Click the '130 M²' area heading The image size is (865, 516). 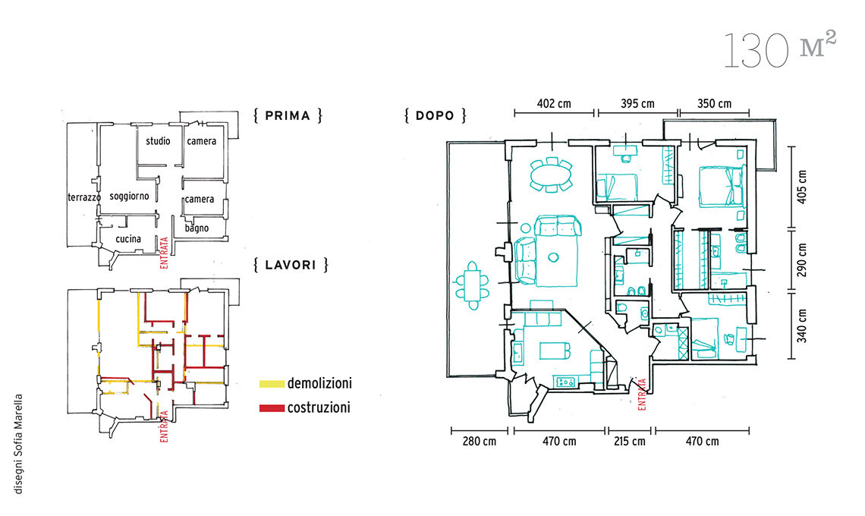click(779, 49)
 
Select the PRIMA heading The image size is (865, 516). click(288, 116)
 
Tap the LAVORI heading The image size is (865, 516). click(291, 265)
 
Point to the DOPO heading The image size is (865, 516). click(435, 116)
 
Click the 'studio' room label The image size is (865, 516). click(158, 141)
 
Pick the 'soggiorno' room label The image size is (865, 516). click(129, 197)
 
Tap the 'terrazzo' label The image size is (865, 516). click(84, 197)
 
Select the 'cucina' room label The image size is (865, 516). click(128, 239)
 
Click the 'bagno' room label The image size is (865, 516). click(197, 228)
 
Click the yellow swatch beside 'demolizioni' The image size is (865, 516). click(272, 384)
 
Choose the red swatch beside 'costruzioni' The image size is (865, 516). click(272, 408)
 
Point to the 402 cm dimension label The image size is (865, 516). click(554, 103)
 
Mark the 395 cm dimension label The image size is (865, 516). click(637, 103)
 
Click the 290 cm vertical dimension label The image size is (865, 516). click(801, 260)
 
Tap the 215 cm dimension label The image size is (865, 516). click(630, 442)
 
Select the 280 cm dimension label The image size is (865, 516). click(479, 442)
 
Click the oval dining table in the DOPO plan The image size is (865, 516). click(551, 175)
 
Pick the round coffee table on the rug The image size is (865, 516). click(552, 257)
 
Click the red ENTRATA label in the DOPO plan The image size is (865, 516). click(642, 394)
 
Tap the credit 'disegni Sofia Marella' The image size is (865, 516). click(19, 444)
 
